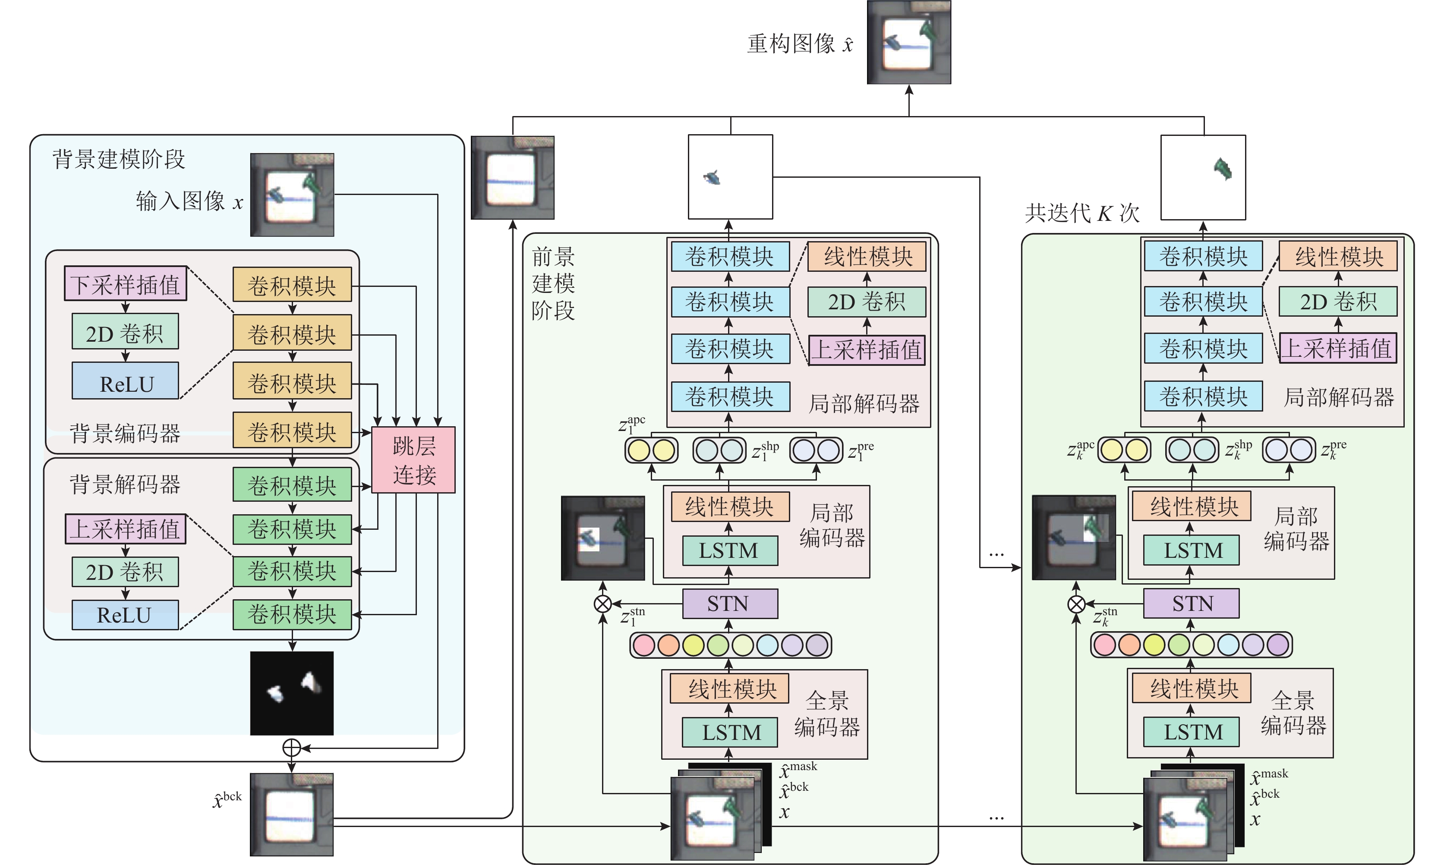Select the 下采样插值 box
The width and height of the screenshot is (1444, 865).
coord(125,284)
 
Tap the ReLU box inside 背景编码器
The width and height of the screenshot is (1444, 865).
coord(125,381)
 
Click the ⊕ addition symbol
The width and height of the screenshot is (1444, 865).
coord(291,748)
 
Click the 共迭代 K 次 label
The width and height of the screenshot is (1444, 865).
coord(1082,213)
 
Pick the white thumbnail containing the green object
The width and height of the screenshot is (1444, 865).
coord(1203,177)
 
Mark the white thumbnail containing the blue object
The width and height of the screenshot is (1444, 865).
coord(731,177)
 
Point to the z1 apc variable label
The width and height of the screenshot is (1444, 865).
coord(631,425)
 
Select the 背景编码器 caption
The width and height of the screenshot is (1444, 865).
coord(125,434)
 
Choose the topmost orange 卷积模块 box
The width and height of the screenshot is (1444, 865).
coord(292,285)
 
